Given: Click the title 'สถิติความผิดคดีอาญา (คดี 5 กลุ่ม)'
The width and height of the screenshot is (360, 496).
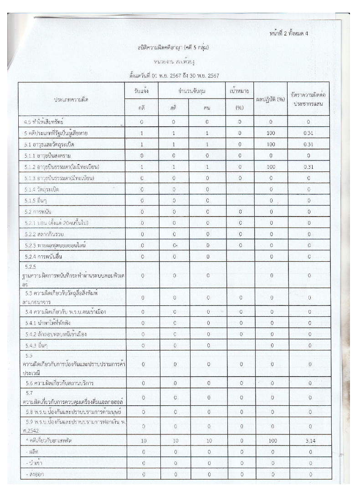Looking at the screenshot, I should point(173,47).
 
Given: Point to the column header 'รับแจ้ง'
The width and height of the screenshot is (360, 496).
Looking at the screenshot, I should point(142,91).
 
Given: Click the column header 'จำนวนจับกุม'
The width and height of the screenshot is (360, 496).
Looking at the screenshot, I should point(192,91).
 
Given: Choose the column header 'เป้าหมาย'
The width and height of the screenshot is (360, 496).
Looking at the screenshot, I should point(240,91).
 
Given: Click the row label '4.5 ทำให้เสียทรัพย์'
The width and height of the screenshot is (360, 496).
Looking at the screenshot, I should point(44,122).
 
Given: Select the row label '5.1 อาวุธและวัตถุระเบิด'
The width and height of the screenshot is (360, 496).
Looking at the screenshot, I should point(50,145).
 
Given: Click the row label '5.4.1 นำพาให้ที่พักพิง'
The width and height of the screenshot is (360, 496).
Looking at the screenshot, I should point(51,323).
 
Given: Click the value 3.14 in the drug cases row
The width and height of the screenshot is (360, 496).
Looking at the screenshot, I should point(310,441).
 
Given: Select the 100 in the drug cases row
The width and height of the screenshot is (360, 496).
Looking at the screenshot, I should point(271,441).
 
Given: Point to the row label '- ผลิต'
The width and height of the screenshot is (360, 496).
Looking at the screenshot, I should point(33,452).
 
